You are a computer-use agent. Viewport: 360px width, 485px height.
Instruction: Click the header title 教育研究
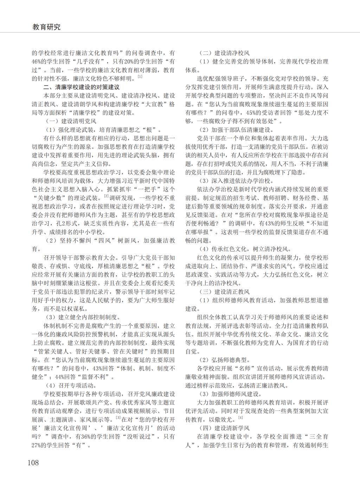pyautogui.click(x=46, y=27)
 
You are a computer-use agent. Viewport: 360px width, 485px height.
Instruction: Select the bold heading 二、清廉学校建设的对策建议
pyautogui.click(x=81, y=87)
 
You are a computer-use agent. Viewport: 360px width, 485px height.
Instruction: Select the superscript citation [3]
pyautogui.click(x=118, y=417)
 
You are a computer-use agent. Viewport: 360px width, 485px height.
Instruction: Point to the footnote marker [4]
pyautogui.click(x=240, y=417)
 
